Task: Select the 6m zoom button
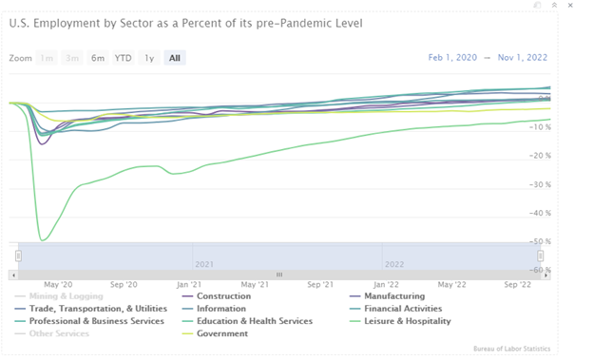[x=98, y=58]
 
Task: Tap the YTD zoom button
[x=124, y=58]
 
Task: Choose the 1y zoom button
[x=149, y=58]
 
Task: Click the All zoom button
[x=174, y=58]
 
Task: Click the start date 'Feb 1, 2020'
[x=454, y=58]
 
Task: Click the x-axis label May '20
[x=58, y=284]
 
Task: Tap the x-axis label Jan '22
[x=386, y=284]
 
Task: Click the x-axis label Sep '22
[x=517, y=284]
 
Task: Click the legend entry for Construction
[x=223, y=296]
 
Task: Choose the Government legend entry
[x=223, y=333]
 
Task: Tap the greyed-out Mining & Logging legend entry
[x=67, y=296]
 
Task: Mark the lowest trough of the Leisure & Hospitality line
[x=42, y=239]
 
